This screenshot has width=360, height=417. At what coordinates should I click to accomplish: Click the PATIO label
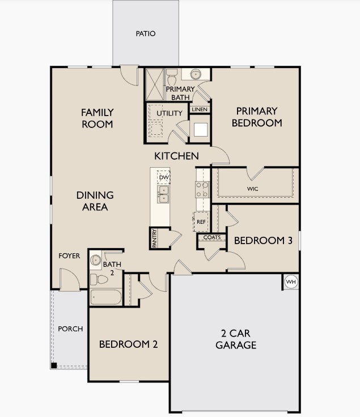click(x=145, y=33)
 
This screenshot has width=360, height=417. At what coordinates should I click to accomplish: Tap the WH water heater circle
click(x=291, y=282)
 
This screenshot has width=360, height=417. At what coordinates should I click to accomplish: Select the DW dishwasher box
click(x=164, y=177)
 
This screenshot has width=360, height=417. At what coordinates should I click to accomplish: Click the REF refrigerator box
click(x=201, y=222)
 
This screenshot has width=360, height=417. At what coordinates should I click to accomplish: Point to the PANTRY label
click(x=154, y=238)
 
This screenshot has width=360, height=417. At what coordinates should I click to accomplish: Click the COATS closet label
click(x=212, y=237)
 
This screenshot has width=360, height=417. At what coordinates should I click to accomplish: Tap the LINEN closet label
click(x=199, y=109)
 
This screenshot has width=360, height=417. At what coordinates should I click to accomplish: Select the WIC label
click(x=253, y=188)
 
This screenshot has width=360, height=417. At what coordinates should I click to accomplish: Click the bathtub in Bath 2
click(x=105, y=297)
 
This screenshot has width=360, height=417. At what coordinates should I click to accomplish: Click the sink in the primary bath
click(x=196, y=74)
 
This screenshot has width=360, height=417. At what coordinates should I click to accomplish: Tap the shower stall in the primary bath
click(x=154, y=84)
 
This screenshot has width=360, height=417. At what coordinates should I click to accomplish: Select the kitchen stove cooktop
click(x=202, y=189)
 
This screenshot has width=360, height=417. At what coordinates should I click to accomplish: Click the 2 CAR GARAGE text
click(x=235, y=339)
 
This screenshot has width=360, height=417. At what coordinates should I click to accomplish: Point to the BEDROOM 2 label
click(x=128, y=344)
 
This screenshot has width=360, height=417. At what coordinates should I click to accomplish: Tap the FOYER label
click(x=69, y=256)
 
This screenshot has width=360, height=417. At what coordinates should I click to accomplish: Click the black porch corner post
click(x=54, y=365)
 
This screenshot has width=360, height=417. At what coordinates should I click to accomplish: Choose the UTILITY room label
click(x=170, y=113)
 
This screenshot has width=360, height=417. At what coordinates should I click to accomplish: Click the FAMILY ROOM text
click(x=97, y=118)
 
